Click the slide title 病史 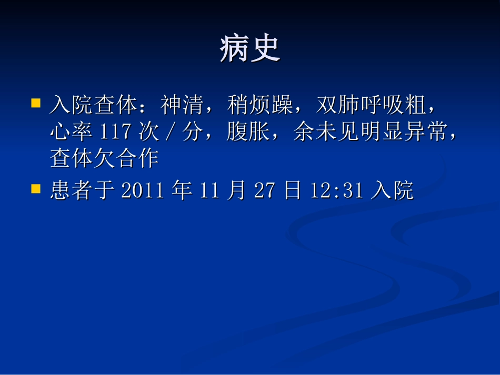click(x=250, y=49)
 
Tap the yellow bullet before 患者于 click(x=36, y=188)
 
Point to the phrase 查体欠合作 click(x=105, y=158)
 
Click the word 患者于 click(x=83, y=191)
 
